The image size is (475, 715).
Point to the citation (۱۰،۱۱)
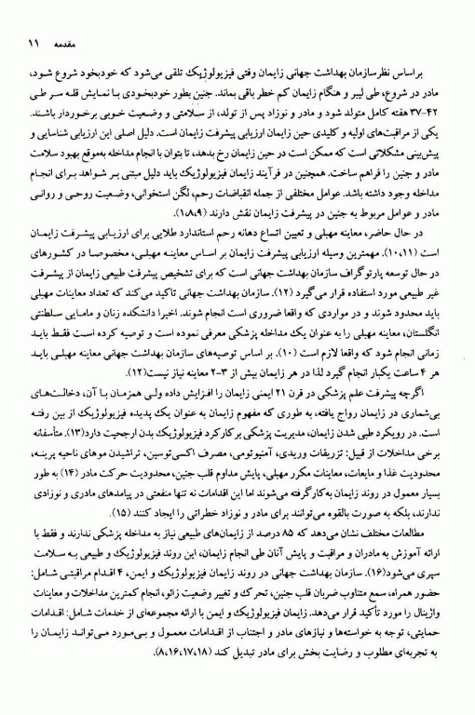click(x=412, y=251)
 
